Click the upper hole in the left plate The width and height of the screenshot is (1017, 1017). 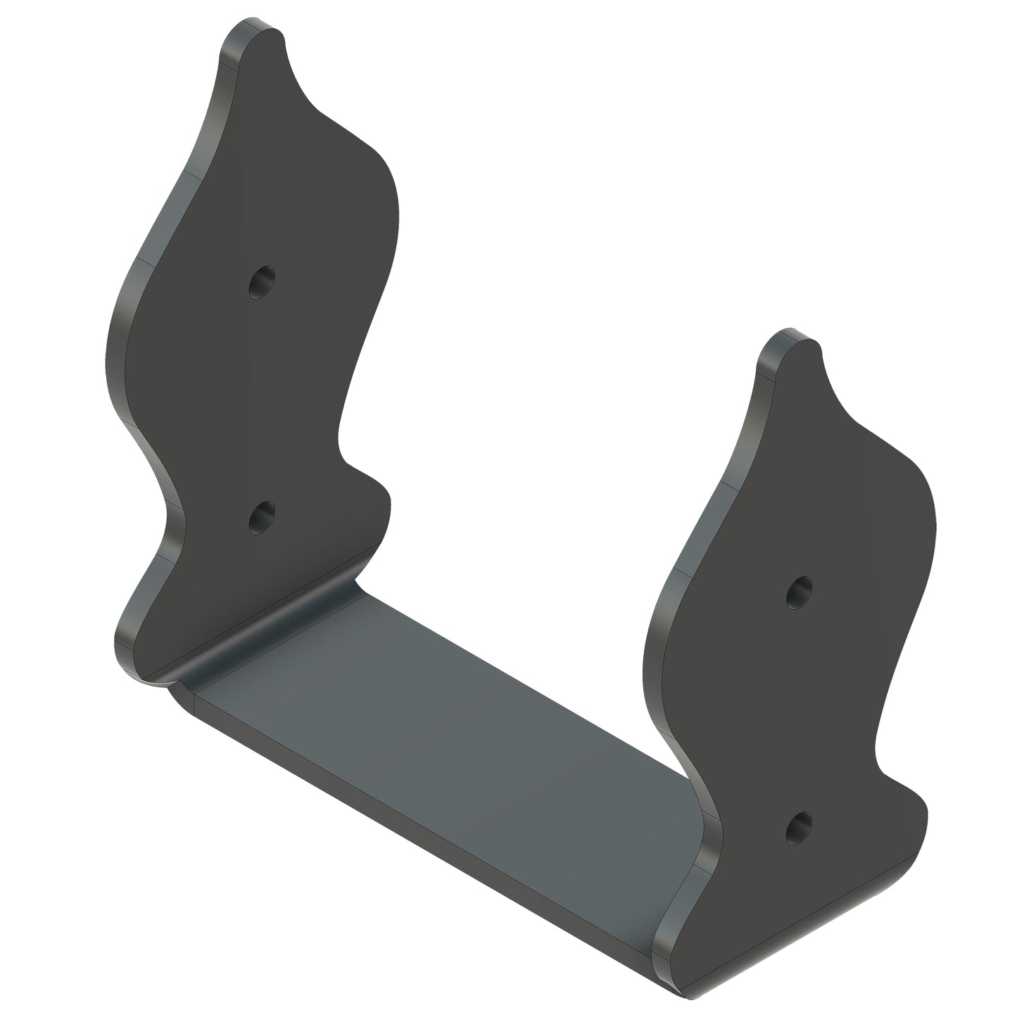262,282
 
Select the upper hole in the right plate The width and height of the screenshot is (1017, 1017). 799,593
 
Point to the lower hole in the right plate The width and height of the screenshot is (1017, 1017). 798,828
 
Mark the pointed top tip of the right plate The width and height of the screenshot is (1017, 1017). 819,350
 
